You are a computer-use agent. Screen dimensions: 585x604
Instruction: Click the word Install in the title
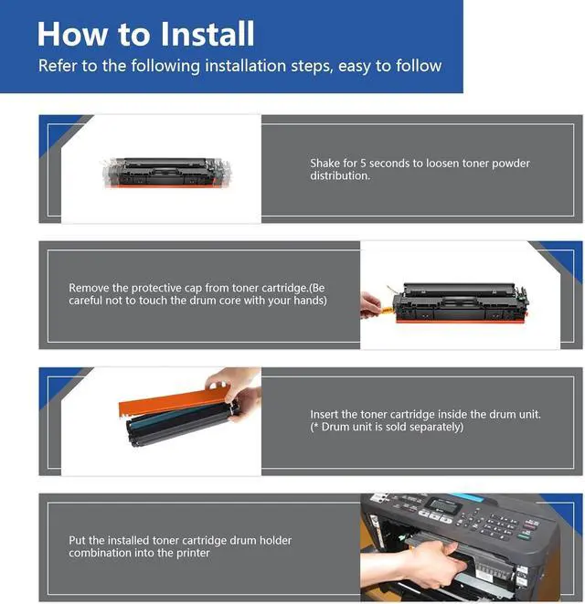click(207, 34)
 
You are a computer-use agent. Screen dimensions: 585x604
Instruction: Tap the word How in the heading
click(72, 34)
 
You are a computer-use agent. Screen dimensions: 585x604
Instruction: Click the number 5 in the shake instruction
click(363, 163)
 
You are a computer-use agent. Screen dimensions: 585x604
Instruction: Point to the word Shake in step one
click(325, 163)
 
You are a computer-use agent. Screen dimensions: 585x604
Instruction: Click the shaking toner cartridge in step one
click(167, 173)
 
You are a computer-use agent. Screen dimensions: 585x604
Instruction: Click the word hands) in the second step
click(310, 300)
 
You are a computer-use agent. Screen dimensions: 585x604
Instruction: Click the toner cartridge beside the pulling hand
click(460, 303)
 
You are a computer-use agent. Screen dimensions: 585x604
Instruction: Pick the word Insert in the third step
click(324, 414)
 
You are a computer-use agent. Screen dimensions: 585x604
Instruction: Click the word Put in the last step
click(77, 540)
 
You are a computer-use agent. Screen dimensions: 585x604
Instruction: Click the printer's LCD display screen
click(445, 505)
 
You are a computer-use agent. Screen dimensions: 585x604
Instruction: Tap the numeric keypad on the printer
click(500, 524)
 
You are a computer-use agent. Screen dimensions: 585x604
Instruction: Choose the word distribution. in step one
click(340, 175)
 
